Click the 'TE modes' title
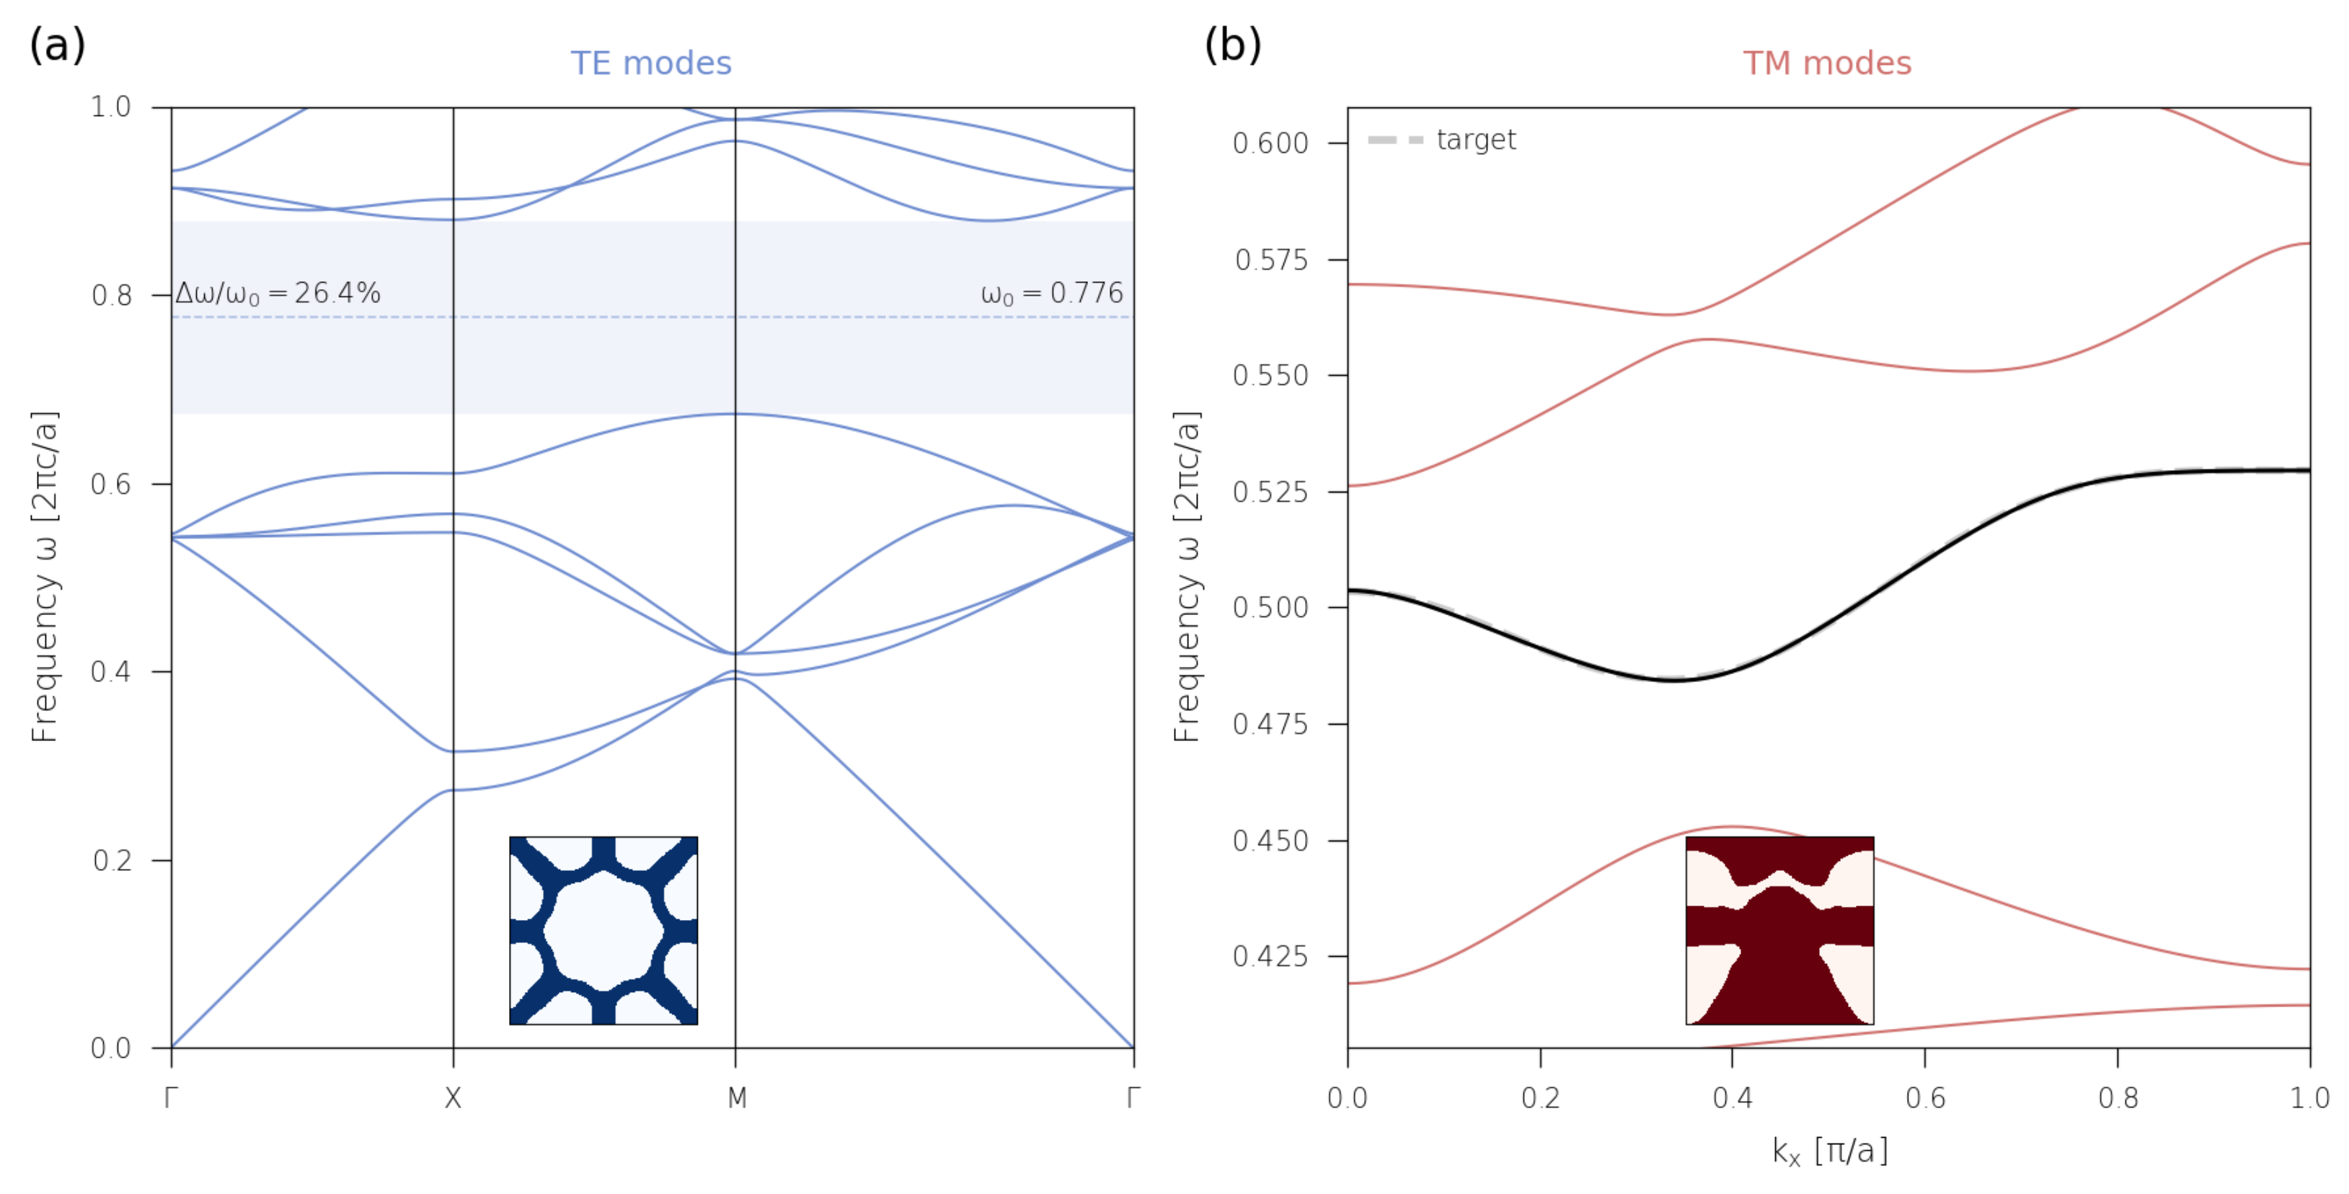click(650, 63)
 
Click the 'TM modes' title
click(1826, 63)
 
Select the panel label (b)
click(1232, 44)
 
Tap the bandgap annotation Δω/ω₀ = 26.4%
click(278, 293)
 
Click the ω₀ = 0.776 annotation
click(1050, 293)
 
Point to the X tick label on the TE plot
click(454, 1097)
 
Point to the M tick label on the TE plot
click(737, 1097)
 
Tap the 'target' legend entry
click(1474, 140)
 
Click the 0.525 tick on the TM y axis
click(1270, 492)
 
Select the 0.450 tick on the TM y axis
click(1270, 840)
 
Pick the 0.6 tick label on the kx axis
click(1924, 1097)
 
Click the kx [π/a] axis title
click(1829, 1151)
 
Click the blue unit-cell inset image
click(603, 929)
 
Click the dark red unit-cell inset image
click(1779, 929)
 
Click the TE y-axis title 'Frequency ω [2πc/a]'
click(44, 577)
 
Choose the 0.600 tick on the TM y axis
click(1270, 143)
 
